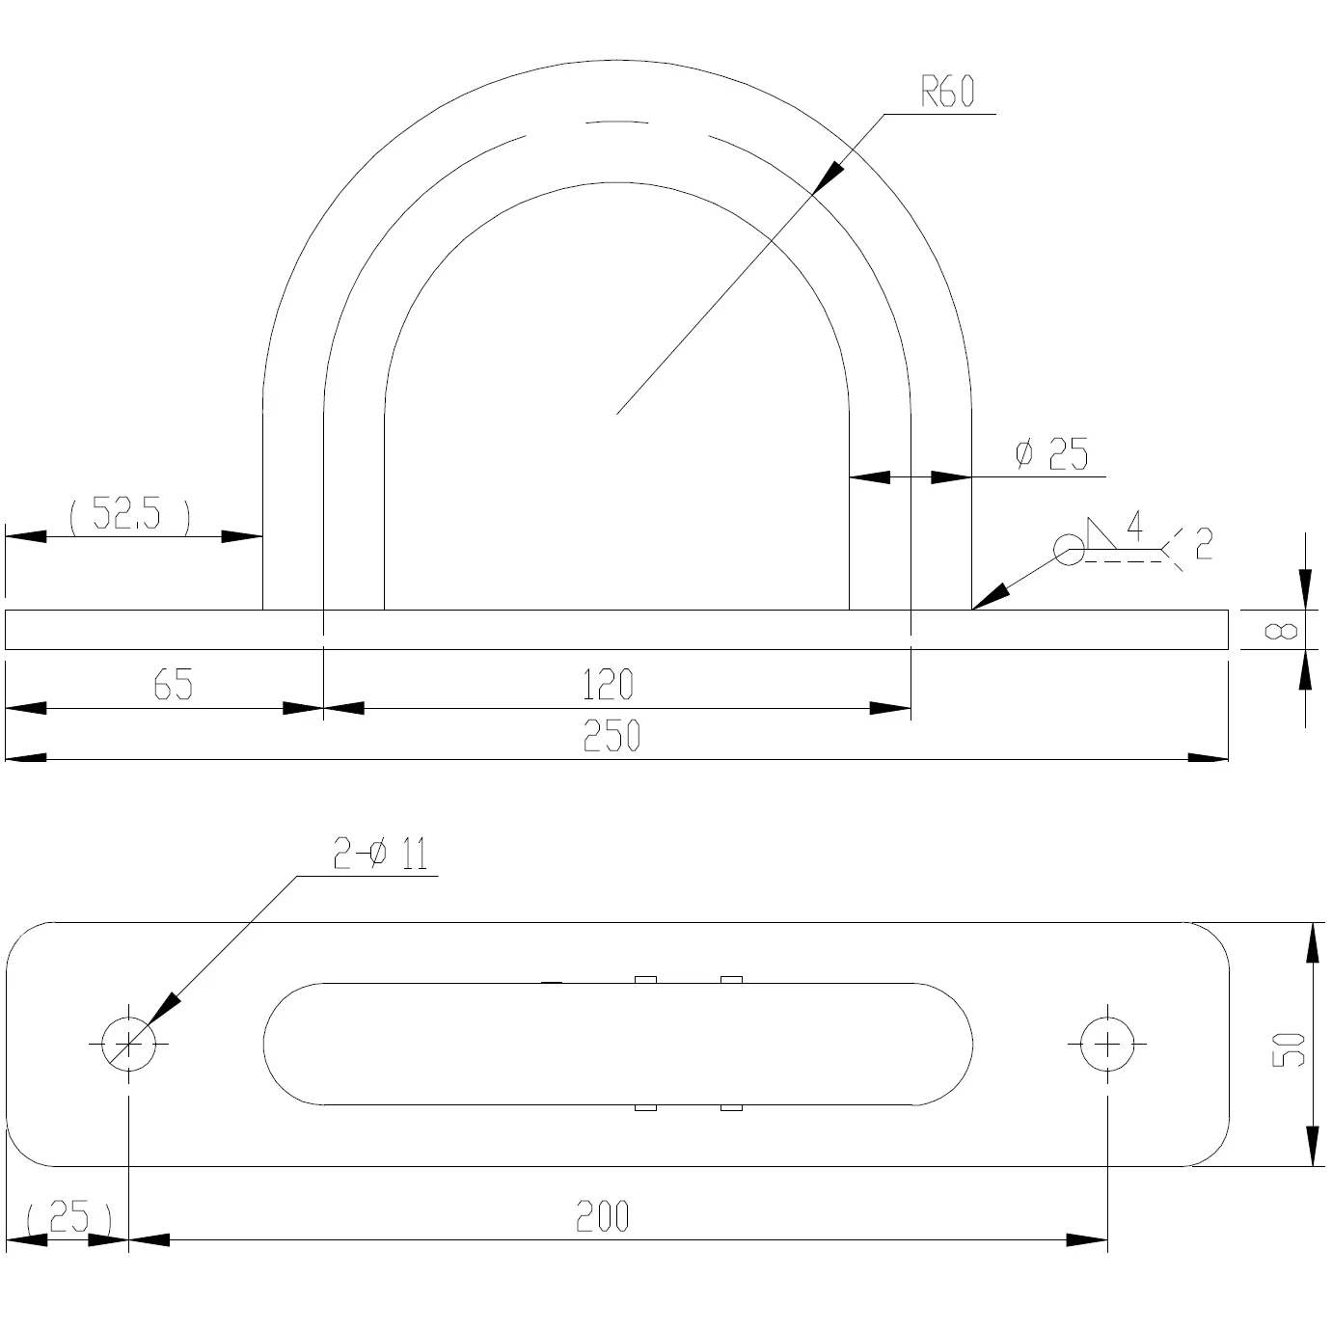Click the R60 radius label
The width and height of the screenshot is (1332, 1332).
pos(947,92)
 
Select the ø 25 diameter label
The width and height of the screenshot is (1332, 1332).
pos(1051,454)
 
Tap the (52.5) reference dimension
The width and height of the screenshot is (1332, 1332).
pos(130,513)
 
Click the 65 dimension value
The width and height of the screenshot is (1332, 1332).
pos(173,684)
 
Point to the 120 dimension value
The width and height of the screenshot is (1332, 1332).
pos(608,684)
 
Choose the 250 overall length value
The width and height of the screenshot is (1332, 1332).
pos(612,736)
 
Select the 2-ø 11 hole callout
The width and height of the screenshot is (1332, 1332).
pos(381,854)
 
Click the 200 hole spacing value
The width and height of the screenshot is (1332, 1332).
pos(603,1216)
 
